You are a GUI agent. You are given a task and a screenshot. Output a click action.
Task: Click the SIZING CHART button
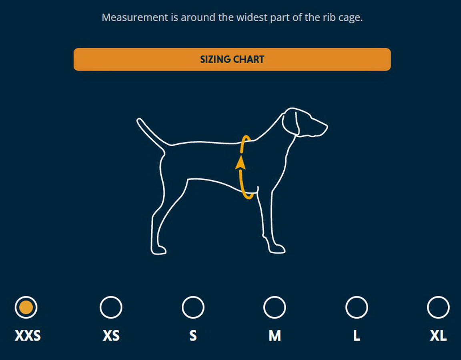pos(232,60)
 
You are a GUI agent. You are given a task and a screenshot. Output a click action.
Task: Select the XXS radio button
pos(26,308)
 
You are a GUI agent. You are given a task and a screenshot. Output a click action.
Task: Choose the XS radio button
pos(111,308)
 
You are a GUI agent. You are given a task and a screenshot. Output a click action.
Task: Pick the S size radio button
pos(193,308)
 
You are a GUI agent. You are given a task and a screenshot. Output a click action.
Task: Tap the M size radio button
pos(275,308)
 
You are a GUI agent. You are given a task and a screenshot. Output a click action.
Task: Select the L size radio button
pos(357,308)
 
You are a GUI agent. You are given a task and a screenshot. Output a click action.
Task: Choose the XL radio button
pos(438,308)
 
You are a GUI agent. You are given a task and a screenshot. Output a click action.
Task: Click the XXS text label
pos(28,336)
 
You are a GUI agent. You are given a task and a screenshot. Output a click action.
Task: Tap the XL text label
pos(438,336)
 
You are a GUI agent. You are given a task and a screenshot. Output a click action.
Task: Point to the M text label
pos(275,336)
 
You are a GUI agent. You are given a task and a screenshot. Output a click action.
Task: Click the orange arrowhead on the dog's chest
pos(240,162)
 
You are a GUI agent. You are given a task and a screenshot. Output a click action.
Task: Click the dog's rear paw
pos(159,250)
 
